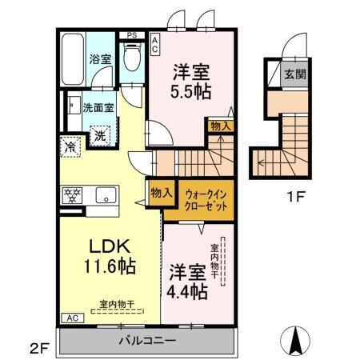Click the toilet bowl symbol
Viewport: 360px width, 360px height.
pos(130,58)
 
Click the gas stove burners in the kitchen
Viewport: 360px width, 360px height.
pos(70,194)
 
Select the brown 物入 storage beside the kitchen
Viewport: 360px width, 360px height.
pos(156,192)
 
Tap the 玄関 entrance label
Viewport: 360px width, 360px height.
pos(294,74)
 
